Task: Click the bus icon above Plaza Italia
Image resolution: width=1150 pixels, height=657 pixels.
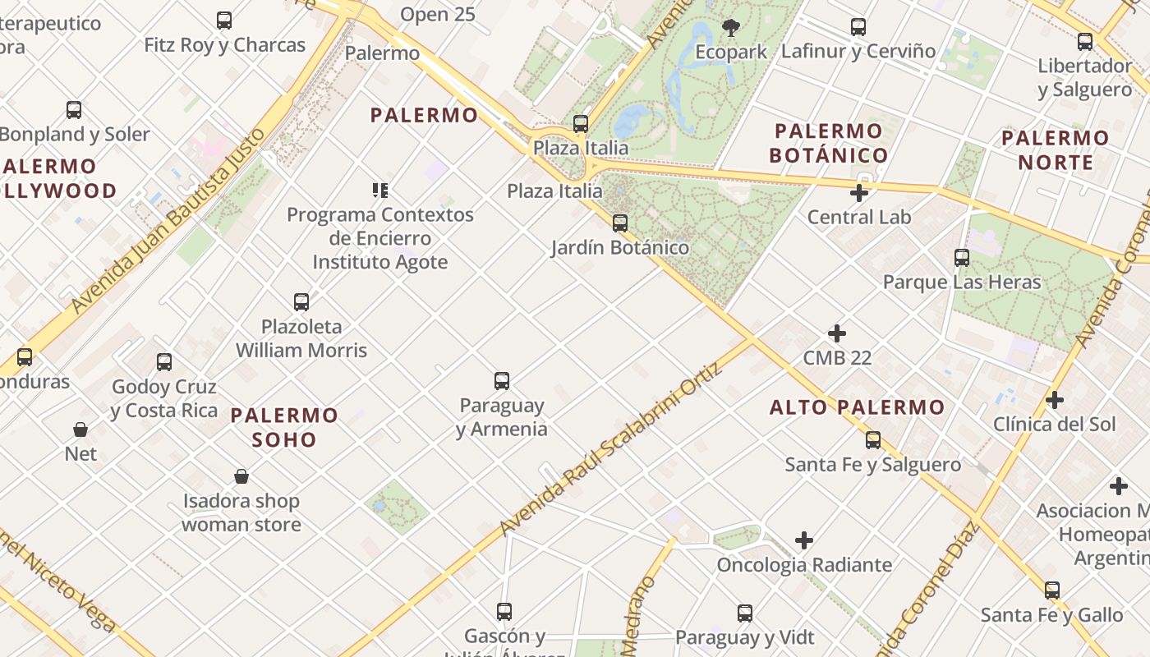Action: (581, 124)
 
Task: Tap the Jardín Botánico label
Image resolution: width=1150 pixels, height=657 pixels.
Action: (620, 247)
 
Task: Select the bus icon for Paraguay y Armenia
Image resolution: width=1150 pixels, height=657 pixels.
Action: (502, 381)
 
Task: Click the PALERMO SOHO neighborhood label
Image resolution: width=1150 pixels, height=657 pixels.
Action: (284, 427)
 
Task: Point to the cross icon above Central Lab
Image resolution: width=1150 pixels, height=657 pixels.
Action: (859, 193)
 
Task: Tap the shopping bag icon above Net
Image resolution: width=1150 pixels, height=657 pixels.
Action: (80, 429)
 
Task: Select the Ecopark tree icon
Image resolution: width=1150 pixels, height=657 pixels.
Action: (730, 28)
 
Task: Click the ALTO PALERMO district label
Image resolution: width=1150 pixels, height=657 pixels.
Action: (858, 407)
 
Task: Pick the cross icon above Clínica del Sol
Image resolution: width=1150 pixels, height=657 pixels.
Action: (1055, 400)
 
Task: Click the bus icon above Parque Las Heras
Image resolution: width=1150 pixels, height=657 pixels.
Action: (962, 258)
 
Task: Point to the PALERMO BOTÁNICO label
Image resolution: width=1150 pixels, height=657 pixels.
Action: (830, 143)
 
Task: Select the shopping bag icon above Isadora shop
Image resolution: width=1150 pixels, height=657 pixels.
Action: (241, 476)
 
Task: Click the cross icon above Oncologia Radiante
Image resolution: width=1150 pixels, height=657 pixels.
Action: (804, 540)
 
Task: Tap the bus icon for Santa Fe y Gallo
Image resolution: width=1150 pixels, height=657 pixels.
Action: (1052, 590)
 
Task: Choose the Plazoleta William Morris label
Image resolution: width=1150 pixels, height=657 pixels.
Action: (301, 338)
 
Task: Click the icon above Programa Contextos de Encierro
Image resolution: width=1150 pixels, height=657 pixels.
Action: (380, 191)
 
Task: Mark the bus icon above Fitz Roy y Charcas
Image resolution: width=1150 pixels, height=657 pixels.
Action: (224, 21)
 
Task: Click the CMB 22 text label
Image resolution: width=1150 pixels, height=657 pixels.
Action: (837, 358)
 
